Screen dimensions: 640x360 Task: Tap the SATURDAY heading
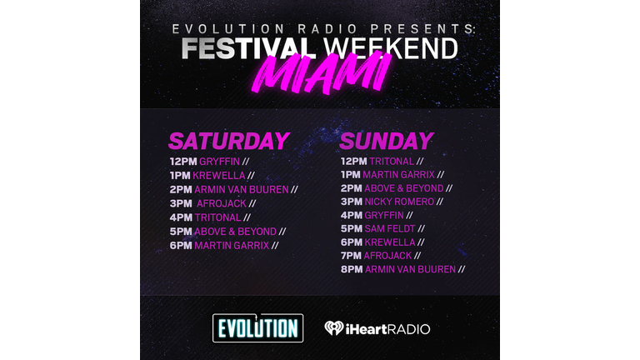click(x=229, y=141)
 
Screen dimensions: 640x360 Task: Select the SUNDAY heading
click(x=386, y=141)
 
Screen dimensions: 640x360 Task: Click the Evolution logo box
click(x=258, y=327)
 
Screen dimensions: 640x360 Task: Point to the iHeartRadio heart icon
click(x=334, y=328)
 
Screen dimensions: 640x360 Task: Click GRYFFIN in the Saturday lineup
click(x=219, y=162)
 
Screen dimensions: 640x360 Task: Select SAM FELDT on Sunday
click(x=390, y=228)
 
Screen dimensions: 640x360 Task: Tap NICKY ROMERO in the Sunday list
click(x=399, y=202)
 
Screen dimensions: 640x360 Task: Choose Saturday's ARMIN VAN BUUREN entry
click(x=241, y=190)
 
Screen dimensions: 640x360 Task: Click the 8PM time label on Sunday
click(x=352, y=269)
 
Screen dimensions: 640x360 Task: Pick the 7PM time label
click(x=352, y=256)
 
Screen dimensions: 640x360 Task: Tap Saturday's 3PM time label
click(x=181, y=203)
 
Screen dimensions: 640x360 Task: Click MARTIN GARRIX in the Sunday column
click(x=399, y=175)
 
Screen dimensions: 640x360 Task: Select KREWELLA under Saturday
click(x=219, y=176)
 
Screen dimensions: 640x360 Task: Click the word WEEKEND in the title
click(x=391, y=48)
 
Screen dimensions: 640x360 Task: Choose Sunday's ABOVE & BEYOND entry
click(x=403, y=188)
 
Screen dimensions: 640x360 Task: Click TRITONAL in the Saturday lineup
click(x=217, y=217)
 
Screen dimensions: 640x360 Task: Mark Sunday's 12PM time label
click(x=354, y=161)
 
